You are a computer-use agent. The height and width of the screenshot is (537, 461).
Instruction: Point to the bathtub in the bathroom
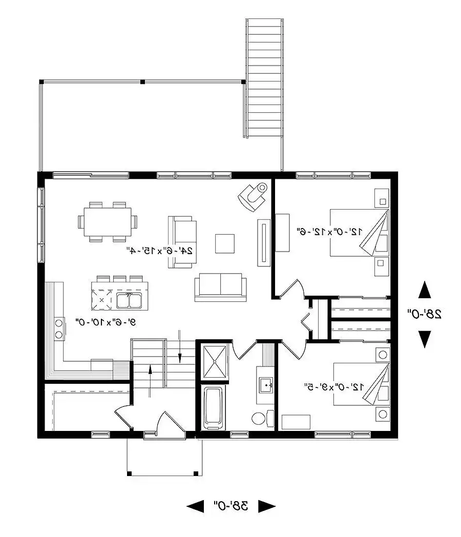pos(213,408)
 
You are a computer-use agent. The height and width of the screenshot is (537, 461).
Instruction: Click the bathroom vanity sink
pos(265,383)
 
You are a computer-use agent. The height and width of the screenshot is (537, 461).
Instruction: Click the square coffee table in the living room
pos(224,243)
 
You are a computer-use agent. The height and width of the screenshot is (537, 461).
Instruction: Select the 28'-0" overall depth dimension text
pos(425,314)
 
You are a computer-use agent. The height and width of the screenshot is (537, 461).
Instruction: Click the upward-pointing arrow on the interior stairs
pos(150,379)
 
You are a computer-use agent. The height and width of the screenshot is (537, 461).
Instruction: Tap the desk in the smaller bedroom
pos(296,422)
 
